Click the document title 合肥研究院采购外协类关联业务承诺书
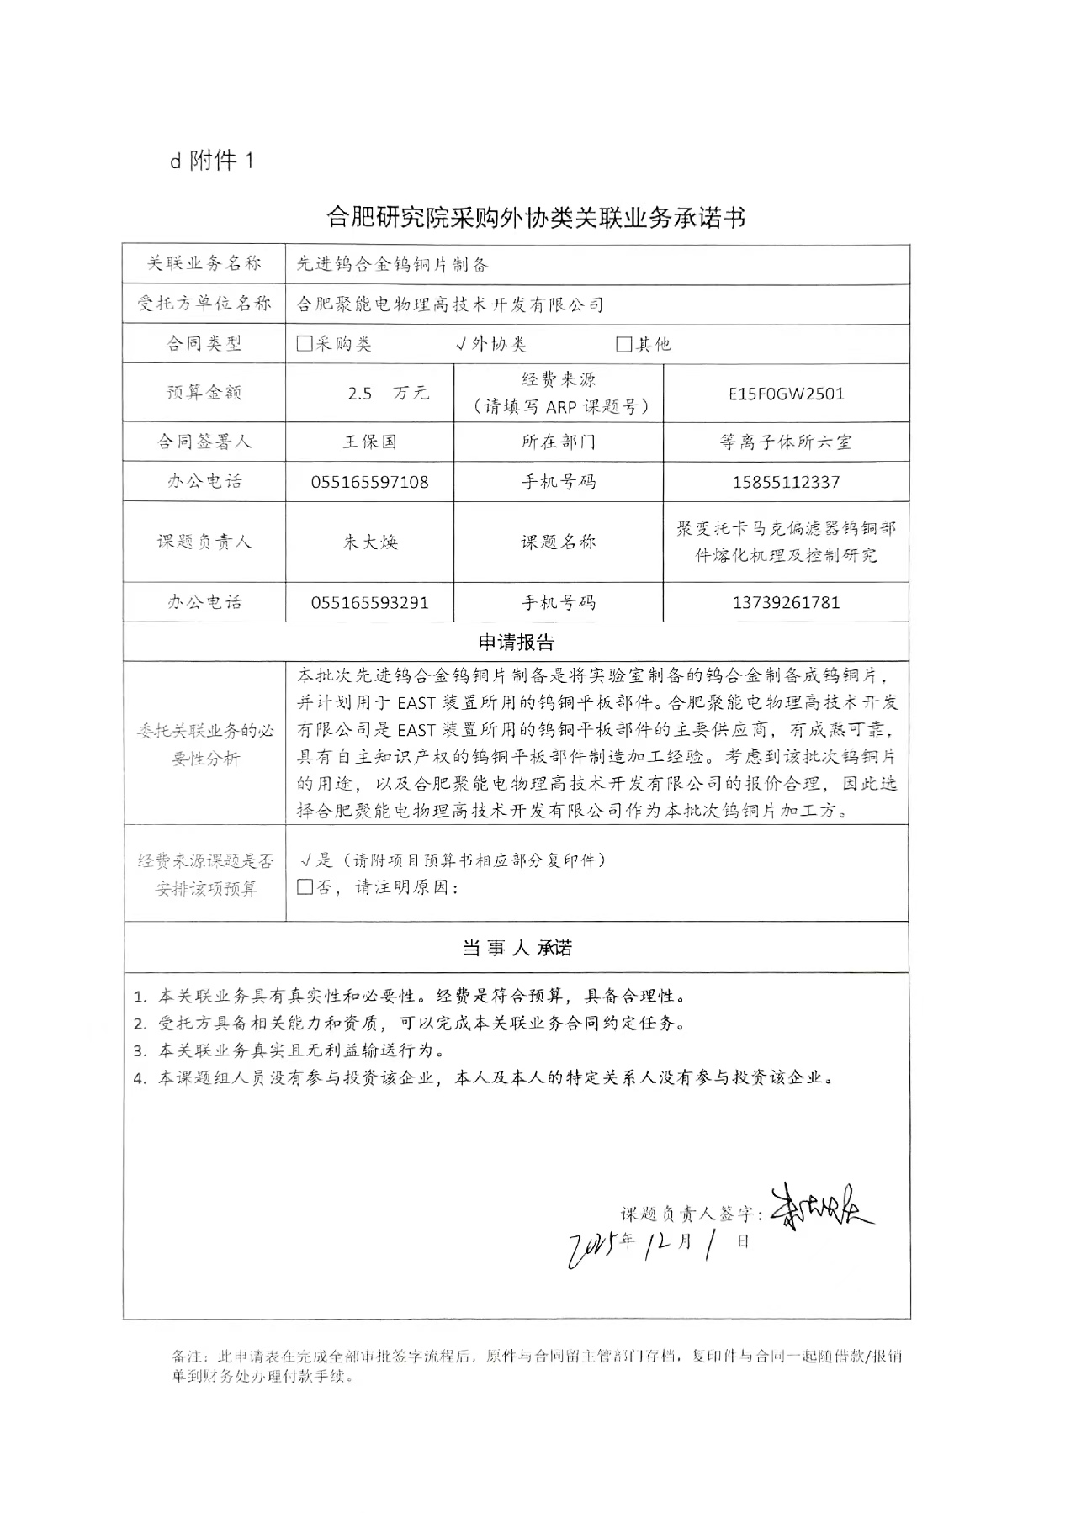[x=535, y=219]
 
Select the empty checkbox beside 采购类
[x=305, y=344]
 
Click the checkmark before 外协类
[x=461, y=344]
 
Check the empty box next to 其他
[x=623, y=344]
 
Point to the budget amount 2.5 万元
[x=388, y=394]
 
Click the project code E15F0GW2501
[x=786, y=394]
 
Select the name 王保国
[x=369, y=442]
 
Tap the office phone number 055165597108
[x=369, y=482]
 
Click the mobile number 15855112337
[x=786, y=482]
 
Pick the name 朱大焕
[x=369, y=542]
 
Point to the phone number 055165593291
[x=369, y=602]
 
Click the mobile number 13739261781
[x=786, y=602]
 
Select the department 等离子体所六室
[x=786, y=442]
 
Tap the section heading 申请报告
[x=517, y=643]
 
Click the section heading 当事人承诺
[x=517, y=948]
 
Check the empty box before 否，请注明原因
[x=305, y=887]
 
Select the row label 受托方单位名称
[x=204, y=304]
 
